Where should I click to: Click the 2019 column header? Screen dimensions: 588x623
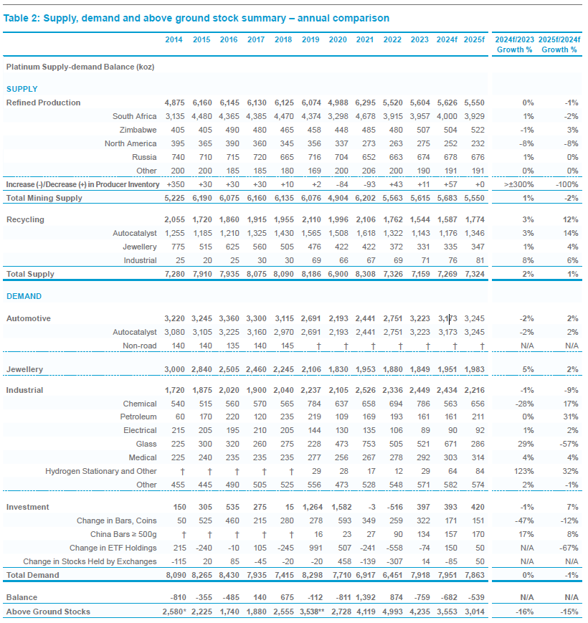(x=310, y=39)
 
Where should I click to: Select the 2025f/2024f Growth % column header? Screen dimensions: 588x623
(x=559, y=44)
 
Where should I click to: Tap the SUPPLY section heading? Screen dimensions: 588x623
(x=22, y=89)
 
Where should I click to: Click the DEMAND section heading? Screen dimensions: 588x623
(x=24, y=296)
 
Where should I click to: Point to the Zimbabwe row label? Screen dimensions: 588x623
(x=138, y=130)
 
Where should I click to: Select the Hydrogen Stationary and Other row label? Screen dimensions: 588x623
(x=101, y=471)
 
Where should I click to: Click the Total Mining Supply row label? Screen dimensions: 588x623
(x=44, y=198)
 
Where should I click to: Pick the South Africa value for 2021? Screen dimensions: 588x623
(x=365, y=116)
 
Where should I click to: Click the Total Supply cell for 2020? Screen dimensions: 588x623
(x=338, y=274)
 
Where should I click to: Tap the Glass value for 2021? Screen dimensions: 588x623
(x=369, y=444)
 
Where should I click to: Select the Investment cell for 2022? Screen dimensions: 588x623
(x=394, y=508)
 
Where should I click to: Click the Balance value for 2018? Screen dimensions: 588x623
(x=287, y=598)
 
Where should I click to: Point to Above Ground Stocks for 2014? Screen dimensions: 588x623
(x=174, y=612)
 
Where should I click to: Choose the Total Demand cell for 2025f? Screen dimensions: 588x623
(x=474, y=575)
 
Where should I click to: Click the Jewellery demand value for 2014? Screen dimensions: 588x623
(x=174, y=369)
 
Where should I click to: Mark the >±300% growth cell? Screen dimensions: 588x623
(x=518, y=184)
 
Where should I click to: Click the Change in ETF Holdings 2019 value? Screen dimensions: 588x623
(x=316, y=548)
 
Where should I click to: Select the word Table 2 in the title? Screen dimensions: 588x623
(x=22, y=18)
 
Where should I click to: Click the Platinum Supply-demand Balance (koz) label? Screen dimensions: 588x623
(x=80, y=67)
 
